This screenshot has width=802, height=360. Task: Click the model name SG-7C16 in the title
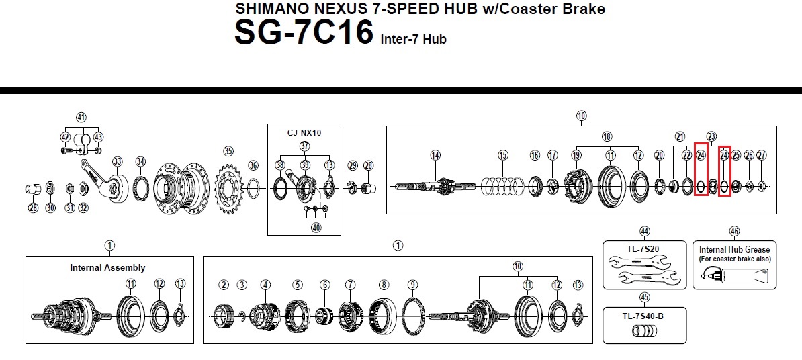coord(304,32)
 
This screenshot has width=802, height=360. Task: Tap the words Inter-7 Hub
coord(413,40)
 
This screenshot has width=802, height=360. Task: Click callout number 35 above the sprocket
coord(228,151)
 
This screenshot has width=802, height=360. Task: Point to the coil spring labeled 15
coord(502,187)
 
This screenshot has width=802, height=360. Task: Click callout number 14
coord(435,155)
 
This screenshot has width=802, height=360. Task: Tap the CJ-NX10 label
coord(304,133)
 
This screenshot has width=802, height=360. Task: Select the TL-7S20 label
coord(643,249)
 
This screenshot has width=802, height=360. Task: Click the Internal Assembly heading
coord(107,267)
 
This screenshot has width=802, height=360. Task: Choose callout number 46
coord(734,232)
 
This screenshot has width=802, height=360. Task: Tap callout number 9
coord(413,285)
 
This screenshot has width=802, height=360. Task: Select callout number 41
coord(81,118)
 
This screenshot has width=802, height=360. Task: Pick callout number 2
coord(224,285)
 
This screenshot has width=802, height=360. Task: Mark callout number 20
coord(660,155)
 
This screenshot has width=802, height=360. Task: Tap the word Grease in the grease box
coord(756,250)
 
